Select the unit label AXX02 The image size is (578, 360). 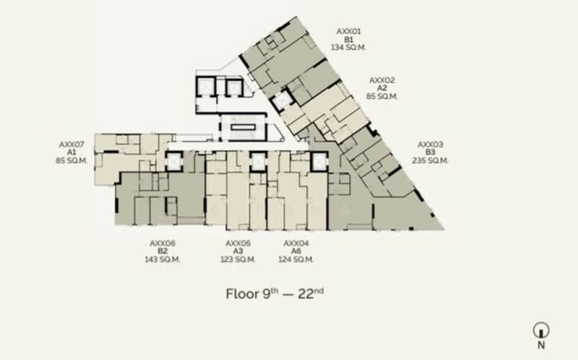[382, 80]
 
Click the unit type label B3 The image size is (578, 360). [431, 153]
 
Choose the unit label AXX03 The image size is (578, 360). [431, 144]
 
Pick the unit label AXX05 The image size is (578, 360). [238, 243]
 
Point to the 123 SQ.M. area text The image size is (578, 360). [238, 260]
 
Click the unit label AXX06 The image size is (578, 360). [163, 243]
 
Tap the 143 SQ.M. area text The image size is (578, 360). [163, 260]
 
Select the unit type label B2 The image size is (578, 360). [163, 252]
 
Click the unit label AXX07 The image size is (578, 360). [72, 144]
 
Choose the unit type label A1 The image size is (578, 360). [72, 153]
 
